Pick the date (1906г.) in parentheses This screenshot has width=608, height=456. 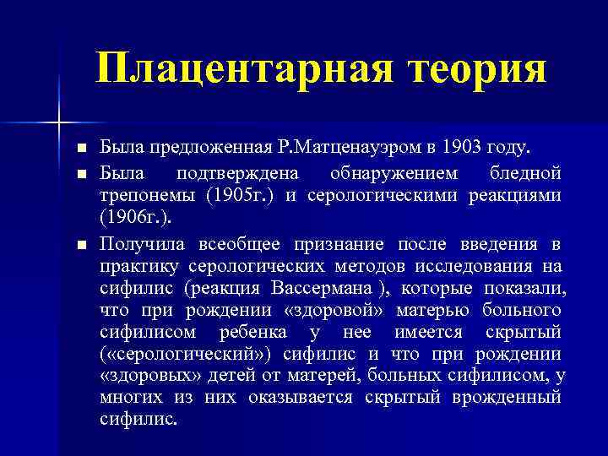(x=135, y=220)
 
